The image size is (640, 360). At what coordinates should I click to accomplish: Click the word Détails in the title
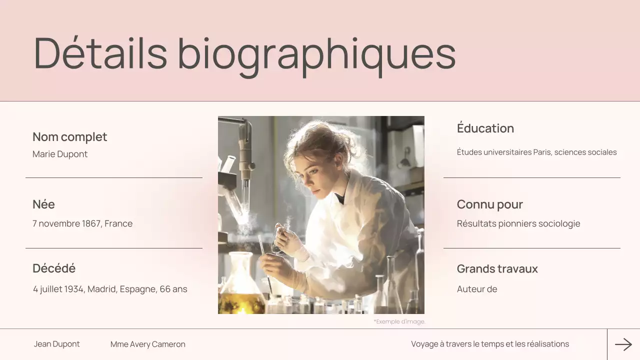[100, 53]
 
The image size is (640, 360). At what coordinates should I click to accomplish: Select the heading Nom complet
[70, 137]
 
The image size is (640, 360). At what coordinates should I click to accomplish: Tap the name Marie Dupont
[60, 154]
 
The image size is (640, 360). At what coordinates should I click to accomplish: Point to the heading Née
[43, 204]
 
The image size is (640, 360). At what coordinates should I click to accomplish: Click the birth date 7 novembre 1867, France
[82, 223]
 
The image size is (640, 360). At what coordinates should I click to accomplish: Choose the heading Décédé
[54, 268]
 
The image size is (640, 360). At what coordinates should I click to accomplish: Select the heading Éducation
[485, 128]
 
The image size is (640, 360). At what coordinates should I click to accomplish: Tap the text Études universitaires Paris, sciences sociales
[536, 152]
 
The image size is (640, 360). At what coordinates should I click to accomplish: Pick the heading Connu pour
[490, 204]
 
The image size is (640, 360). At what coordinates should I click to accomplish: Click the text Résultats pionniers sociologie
[518, 223]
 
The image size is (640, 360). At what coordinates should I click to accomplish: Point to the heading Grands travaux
[497, 269]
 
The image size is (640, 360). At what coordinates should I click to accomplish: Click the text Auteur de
[477, 289]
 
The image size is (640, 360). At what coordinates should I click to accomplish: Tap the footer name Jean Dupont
[57, 344]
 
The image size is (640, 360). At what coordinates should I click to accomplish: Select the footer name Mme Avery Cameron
[148, 344]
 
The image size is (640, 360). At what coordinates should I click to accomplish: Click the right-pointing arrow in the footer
[623, 344]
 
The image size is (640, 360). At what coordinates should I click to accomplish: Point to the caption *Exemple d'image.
[399, 321]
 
